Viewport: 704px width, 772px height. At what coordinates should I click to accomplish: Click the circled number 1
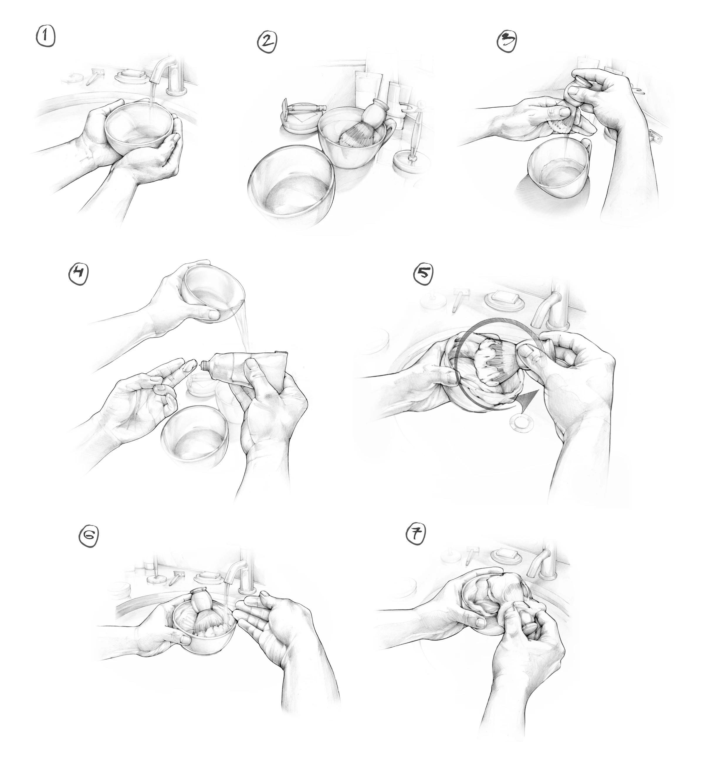[x=45, y=38]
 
